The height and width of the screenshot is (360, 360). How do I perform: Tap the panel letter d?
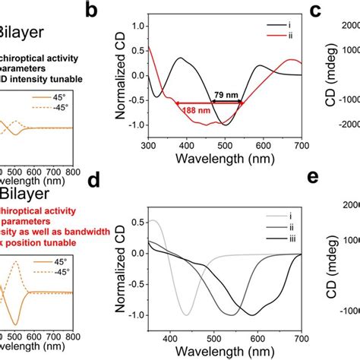[x=113, y=184]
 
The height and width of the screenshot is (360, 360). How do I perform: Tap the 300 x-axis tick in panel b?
[x=149, y=145]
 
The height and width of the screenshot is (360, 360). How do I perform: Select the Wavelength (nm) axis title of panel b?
[x=226, y=159]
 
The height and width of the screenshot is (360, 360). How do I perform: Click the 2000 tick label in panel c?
[x=346, y=26]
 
